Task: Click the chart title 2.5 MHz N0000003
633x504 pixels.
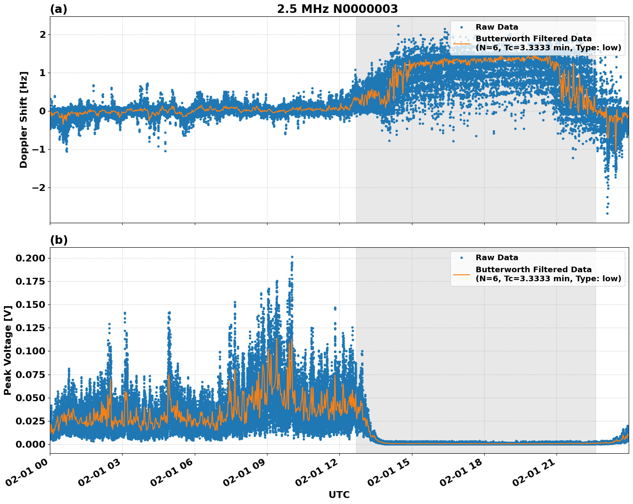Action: (337, 9)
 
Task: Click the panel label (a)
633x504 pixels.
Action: (58, 9)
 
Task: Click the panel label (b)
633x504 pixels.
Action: (58, 240)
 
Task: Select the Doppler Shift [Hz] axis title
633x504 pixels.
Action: (24, 120)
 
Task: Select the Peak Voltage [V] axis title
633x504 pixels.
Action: (8, 350)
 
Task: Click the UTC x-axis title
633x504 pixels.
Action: (339, 495)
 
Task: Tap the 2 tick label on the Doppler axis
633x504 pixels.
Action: (42, 34)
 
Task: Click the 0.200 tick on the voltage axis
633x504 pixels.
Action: (30, 258)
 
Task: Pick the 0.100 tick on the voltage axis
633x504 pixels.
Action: (30, 351)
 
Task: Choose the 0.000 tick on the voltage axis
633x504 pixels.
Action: (30, 444)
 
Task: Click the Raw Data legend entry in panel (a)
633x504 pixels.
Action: (497, 27)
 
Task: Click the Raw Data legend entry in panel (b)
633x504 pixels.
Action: (497, 258)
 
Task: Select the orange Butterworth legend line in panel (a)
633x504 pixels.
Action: (462, 43)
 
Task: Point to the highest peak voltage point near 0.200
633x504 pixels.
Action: (292, 257)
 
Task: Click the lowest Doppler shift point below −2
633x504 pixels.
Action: (607, 213)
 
